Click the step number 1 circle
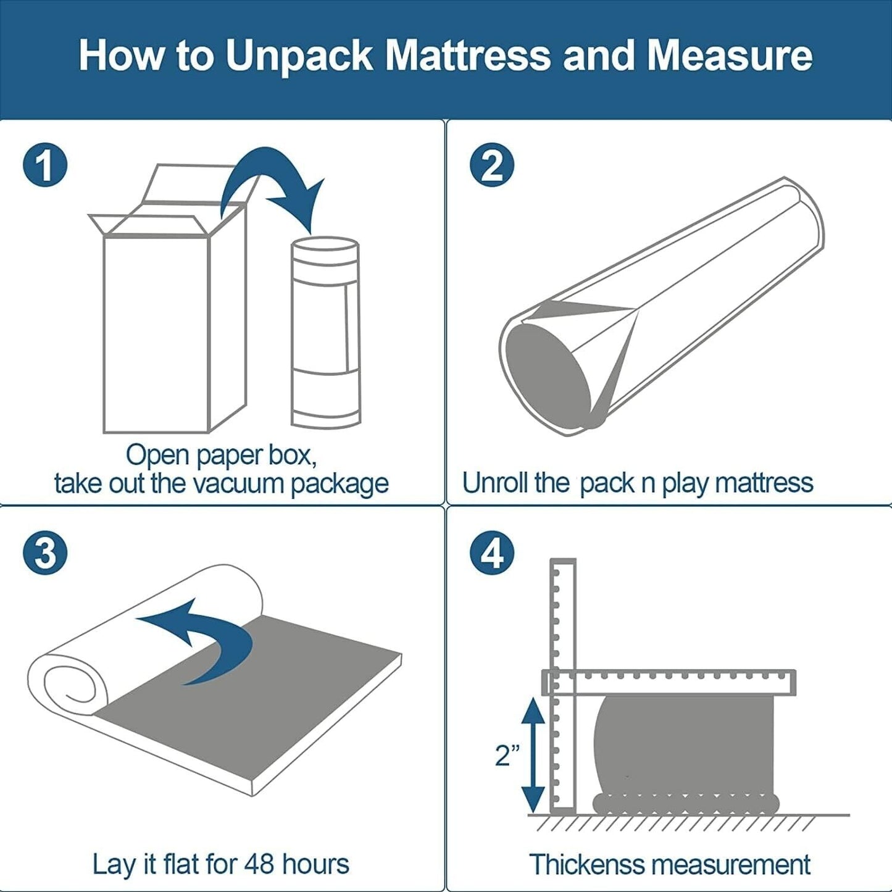tap(45, 165)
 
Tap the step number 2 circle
tap(492, 165)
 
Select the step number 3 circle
tap(45, 552)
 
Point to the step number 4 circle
tap(492, 552)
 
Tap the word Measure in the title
tap(730, 56)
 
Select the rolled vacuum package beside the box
tap(325, 331)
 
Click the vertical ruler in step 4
tap(563, 687)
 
